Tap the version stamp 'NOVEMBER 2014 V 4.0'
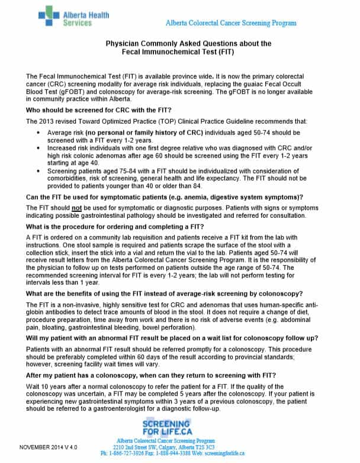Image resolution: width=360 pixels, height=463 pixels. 50,446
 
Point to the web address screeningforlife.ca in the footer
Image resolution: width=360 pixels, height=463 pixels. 232,454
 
